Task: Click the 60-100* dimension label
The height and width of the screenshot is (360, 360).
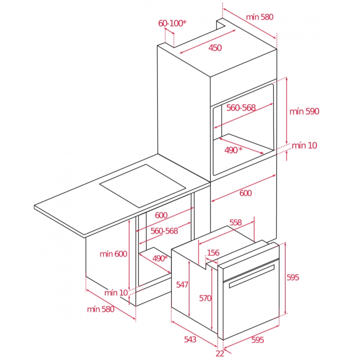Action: (172, 23)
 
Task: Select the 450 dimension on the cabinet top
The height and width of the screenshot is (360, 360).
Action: (215, 48)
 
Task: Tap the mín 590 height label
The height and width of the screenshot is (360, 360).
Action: (304, 111)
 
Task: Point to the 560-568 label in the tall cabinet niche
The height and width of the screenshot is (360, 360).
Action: (241, 108)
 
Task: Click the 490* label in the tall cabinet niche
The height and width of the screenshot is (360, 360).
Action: (233, 150)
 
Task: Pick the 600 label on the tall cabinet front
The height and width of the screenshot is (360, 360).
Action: (245, 193)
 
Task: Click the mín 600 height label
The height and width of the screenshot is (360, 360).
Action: (113, 254)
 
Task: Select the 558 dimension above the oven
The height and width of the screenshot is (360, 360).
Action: (235, 222)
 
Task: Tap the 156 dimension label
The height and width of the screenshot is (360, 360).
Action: (213, 253)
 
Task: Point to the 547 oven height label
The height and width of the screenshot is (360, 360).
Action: (182, 285)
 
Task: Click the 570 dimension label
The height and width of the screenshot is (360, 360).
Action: (205, 298)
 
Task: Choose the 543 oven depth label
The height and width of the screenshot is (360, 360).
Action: (190, 339)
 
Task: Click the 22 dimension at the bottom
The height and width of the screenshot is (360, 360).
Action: (220, 354)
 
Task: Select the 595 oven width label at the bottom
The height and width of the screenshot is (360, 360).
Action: (257, 340)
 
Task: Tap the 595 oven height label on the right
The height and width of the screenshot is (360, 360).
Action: (293, 278)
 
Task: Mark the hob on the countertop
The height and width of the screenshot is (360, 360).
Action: (143, 186)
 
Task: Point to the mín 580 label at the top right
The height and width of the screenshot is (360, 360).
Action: (260, 17)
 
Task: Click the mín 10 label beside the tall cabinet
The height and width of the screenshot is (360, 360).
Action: (305, 145)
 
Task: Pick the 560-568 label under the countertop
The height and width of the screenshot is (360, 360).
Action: (164, 231)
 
